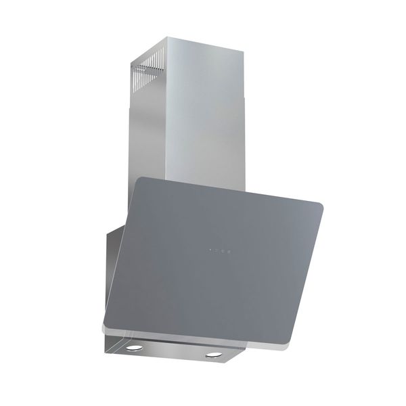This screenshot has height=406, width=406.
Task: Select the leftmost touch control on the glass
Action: [x=210, y=252]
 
